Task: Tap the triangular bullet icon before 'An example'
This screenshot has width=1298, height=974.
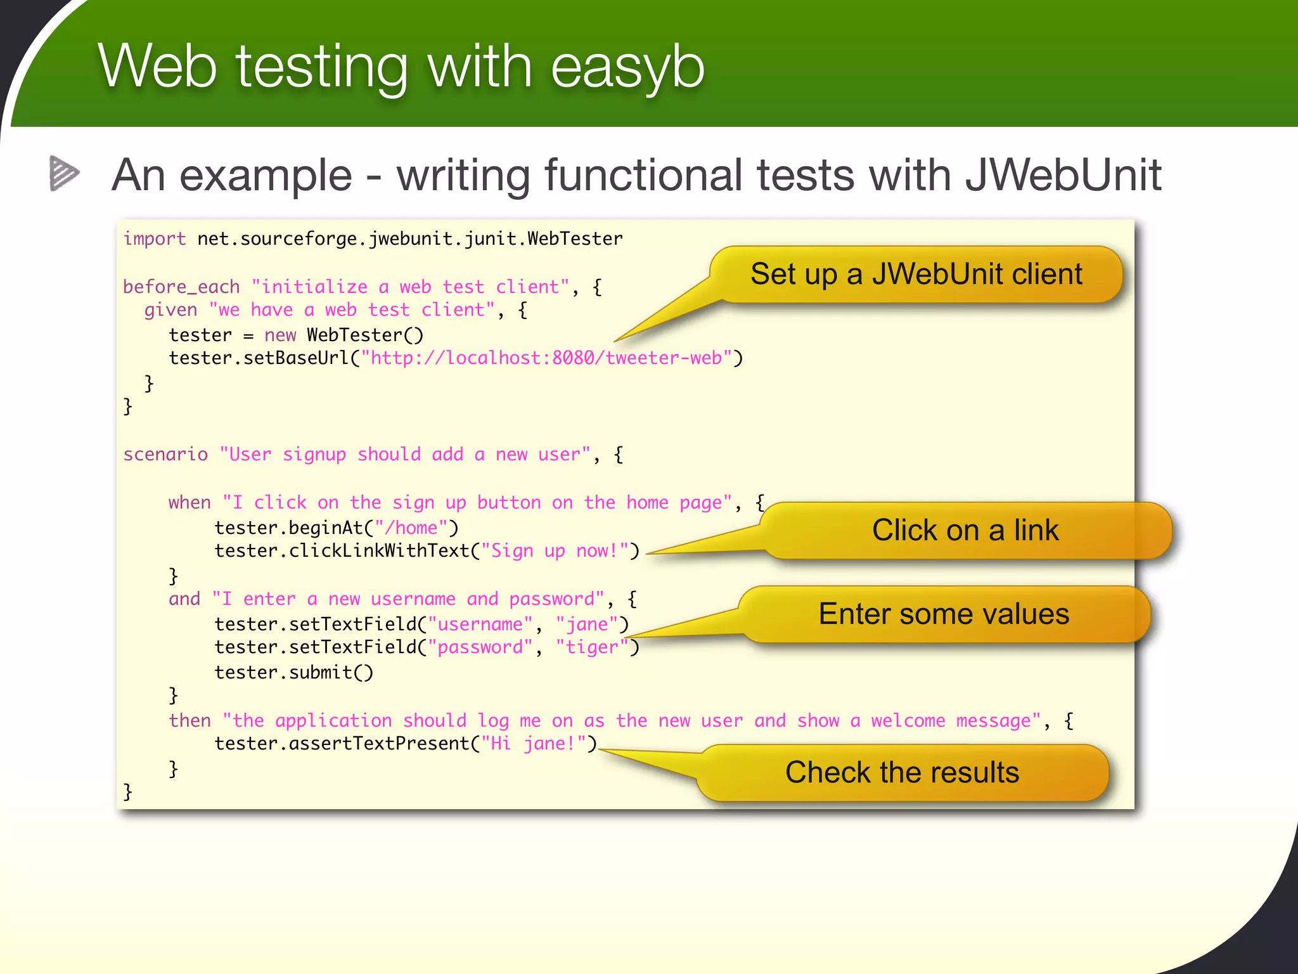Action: tap(64, 173)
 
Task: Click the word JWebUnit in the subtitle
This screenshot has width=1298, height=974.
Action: tap(1063, 175)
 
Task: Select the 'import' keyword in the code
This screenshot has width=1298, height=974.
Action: tap(155, 239)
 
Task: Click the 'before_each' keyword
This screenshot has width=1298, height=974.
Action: tap(181, 287)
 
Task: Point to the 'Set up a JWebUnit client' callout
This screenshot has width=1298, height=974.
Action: tap(916, 275)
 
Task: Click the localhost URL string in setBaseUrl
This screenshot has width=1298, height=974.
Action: tap(546, 358)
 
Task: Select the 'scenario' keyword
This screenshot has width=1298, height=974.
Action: tap(165, 455)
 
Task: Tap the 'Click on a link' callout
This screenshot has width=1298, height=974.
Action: tap(965, 531)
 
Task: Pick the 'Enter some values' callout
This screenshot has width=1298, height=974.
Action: tap(943, 614)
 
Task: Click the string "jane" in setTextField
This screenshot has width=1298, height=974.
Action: tap(587, 625)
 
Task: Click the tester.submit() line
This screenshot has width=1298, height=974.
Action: tap(294, 673)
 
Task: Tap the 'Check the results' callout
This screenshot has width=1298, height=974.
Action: tap(901, 773)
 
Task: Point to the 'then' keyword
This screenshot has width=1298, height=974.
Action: tap(190, 721)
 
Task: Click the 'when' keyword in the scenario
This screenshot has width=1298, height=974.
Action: tap(190, 503)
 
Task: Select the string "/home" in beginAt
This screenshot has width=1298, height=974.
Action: tap(411, 528)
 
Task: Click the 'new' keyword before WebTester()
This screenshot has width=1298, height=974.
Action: tap(280, 335)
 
